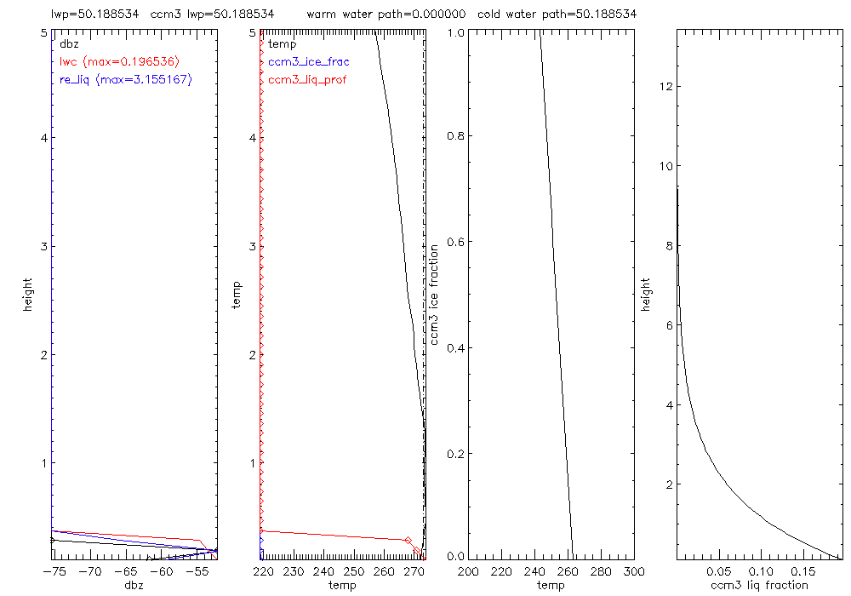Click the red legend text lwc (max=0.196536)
tap(119, 61)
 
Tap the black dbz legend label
tap(68, 43)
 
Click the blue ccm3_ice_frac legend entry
tap(308, 61)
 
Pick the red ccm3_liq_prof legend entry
tap(307, 80)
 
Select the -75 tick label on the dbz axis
tap(56, 571)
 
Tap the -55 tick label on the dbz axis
tap(197, 571)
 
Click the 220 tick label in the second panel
tap(264, 571)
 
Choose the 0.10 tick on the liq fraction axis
tap(761, 571)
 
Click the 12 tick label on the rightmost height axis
tap(665, 87)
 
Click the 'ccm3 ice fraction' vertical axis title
tap(435, 294)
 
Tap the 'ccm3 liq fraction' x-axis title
tap(759, 585)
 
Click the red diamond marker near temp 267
tap(408, 541)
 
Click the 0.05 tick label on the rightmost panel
tap(719, 571)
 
